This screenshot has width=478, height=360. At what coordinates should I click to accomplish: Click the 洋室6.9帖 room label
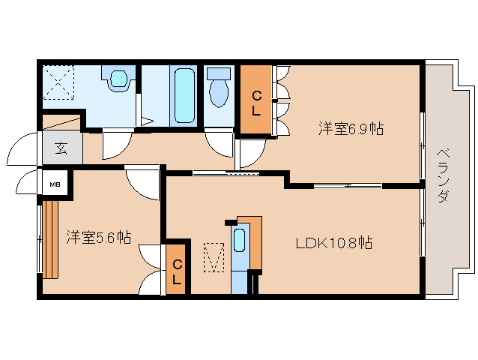[x=351, y=128]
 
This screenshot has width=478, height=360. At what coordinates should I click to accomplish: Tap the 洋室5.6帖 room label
[x=99, y=237]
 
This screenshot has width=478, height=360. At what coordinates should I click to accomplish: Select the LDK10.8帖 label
[x=334, y=243]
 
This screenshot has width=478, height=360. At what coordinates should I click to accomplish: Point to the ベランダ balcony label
[x=443, y=175]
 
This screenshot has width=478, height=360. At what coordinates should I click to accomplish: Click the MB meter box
[x=55, y=184]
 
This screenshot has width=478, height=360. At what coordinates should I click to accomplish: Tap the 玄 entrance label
[x=61, y=148]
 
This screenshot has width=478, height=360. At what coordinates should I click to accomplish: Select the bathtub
[x=184, y=95]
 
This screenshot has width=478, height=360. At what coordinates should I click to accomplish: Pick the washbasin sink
[x=118, y=79]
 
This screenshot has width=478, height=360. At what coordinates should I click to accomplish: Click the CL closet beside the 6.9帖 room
[x=255, y=100]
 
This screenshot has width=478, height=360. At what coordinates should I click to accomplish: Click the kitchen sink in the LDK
[x=239, y=241]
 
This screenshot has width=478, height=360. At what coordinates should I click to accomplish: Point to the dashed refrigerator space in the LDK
[x=214, y=257]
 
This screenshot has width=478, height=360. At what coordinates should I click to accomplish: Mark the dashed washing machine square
[x=58, y=82]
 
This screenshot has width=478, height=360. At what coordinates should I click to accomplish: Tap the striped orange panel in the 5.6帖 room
[x=50, y=239]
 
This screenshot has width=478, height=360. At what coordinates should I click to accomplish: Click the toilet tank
[x=219, y=73]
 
